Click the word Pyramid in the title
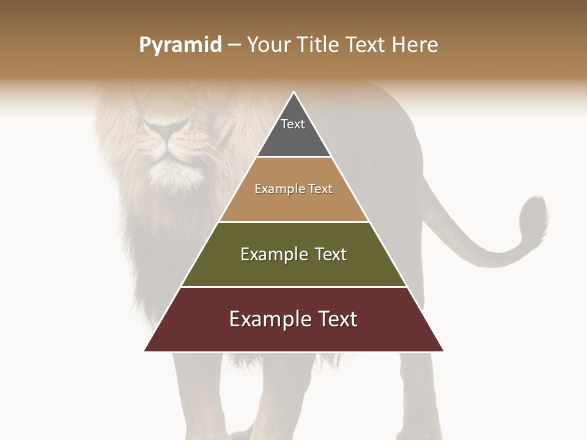(x=180, y=45)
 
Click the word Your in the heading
(x=269, y=45)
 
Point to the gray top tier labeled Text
(x=293, y=134)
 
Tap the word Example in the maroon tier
(x=267, y=319)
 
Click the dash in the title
(x=234, y=45)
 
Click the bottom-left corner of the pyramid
(x=145, y=350)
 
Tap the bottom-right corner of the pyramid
(x=443, y=350)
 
